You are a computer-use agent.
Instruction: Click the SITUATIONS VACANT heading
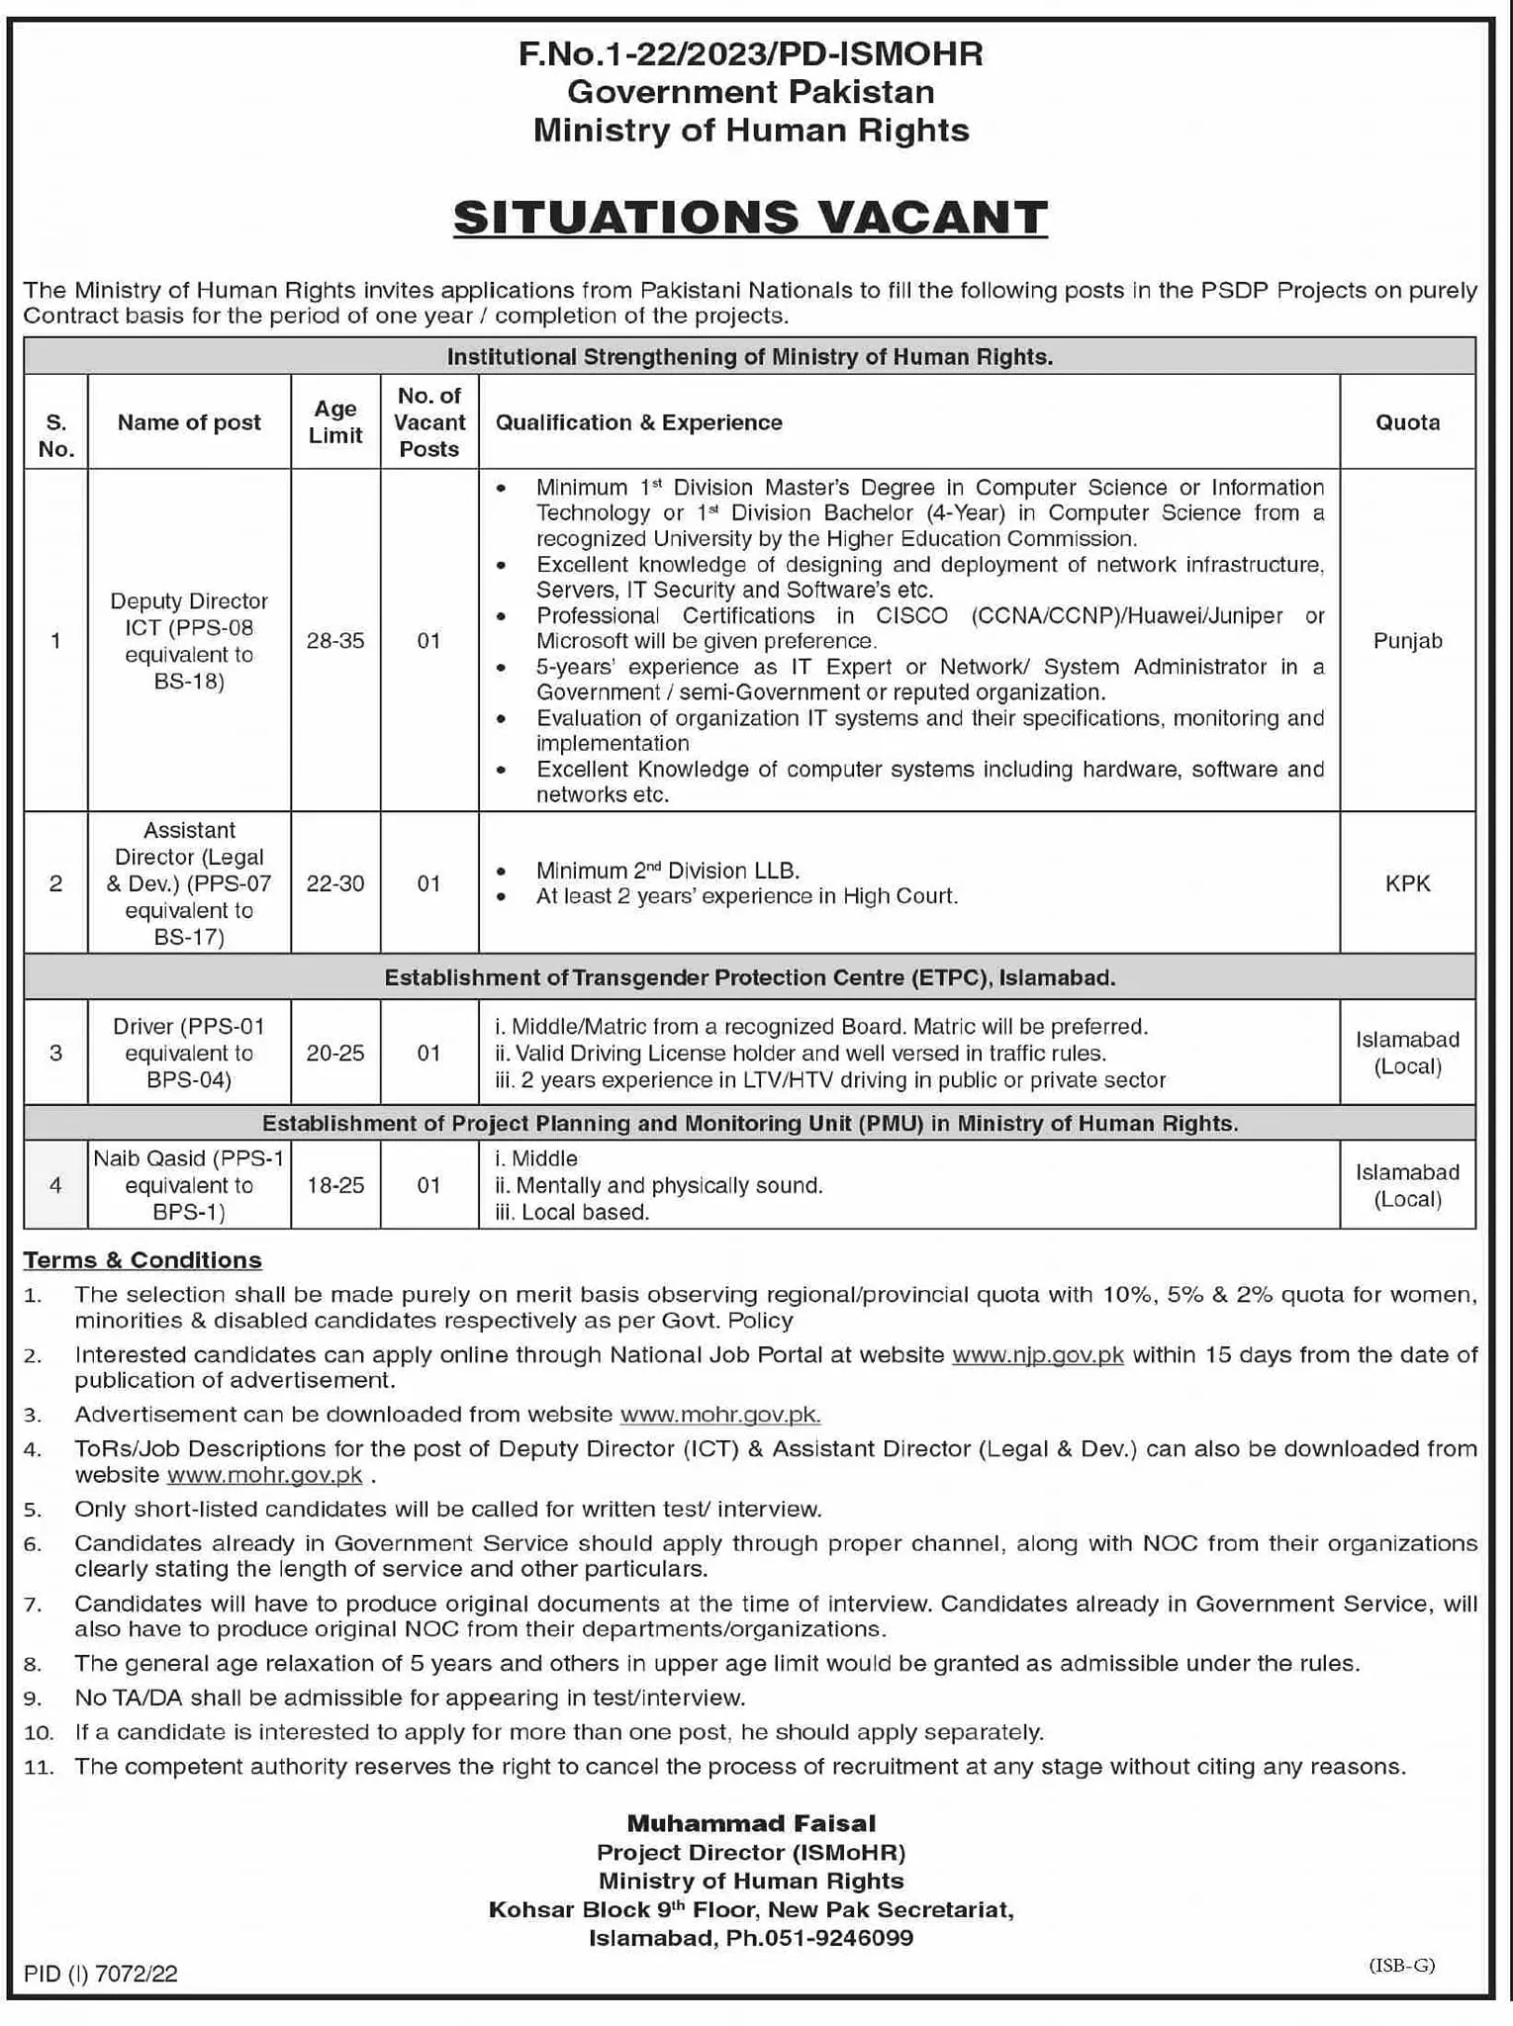pyautogui.click(x=750, y=218)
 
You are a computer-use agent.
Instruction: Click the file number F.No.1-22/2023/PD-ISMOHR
pyautogui.click(x=750, y=53)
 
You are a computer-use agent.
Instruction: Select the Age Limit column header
pyautogui.click(x=335, y=421)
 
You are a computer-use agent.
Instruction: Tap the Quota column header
pyautogui.click(x=1407, y=422)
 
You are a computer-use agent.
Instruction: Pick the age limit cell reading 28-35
pyautogui.click(x=335, y=641)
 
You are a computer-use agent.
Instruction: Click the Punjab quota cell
pyautogui.click(x=1407, y=641)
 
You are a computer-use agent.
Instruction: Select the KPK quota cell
pyautogui.click(x=1407, y=883)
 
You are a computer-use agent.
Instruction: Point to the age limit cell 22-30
pyautogui.click(x=335, y=883)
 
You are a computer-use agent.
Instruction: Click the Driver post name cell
pyautogui.click(x=189, y=1053)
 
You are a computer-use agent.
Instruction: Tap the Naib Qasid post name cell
pyautogui.click(x=189, y=1185)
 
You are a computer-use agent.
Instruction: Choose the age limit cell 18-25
pyautogui.click(x=335, y=1185)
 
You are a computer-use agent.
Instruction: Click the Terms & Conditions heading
pyautogui.click(x=142, y=1260)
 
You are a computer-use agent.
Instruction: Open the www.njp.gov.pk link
pyautogui.click(x=1037, y=1355)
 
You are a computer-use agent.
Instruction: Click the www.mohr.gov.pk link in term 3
pyautogui.click(x=719, y=1415)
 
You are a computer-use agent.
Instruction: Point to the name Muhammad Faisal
pyautogui.click(x=751, y=1823)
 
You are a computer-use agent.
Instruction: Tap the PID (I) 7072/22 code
pyautogui.click(x=101, y=1974)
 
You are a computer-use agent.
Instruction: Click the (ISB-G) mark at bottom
pyautogui.click(x=1401, y=1966)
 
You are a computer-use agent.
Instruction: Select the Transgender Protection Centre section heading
pyautogui.click(x=750, y=977)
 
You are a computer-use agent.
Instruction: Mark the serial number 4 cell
pyautogui.click(x=56, y=1185)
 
